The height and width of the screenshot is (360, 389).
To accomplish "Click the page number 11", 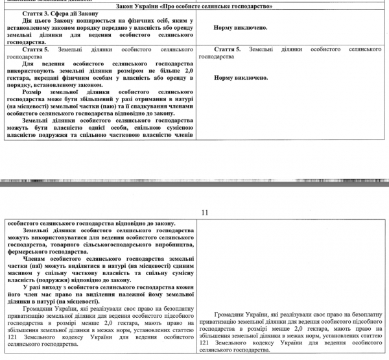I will [x=206, y=212].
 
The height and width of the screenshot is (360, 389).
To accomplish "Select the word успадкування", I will [x=152, y=106].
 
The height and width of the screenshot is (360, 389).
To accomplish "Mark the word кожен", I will [x=185, y=287].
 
